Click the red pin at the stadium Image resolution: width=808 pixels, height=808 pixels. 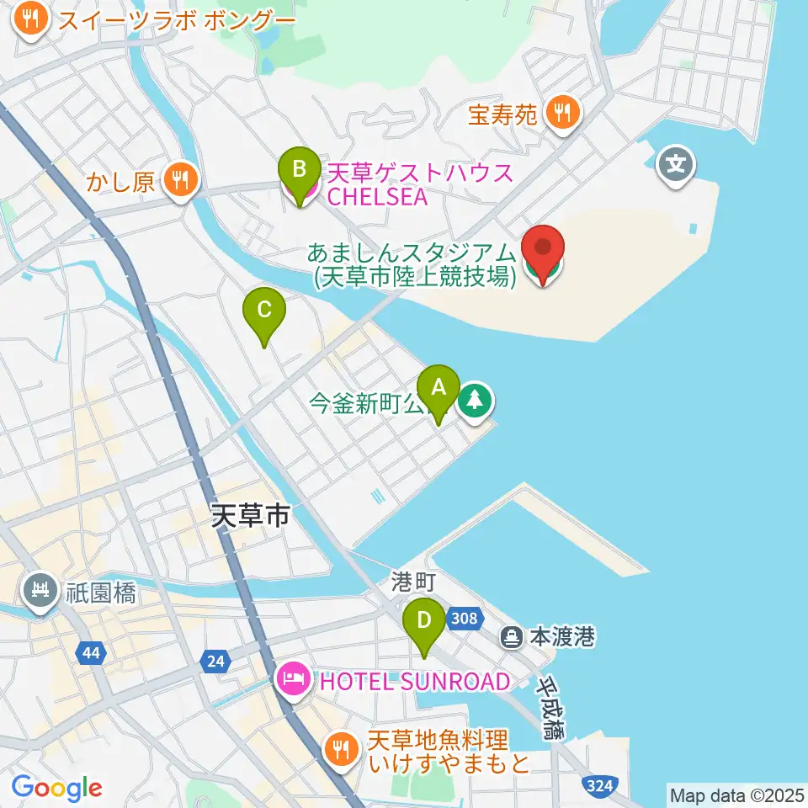tap(543, 251)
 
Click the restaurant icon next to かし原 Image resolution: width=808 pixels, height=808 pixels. tap(179, 178)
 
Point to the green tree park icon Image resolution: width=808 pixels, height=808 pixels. tap(476, 400)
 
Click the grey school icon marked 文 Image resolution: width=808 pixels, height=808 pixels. tap(677, 162)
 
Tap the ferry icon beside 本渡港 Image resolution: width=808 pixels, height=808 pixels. tap(512, 637)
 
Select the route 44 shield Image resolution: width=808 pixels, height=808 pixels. tap(89, 651)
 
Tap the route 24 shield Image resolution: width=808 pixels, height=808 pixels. tap(215, 662)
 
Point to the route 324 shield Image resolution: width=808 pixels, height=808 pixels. tap(597, 786)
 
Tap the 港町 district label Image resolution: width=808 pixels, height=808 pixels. tap(412, 582)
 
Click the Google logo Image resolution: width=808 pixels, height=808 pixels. tap(56, 788)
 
